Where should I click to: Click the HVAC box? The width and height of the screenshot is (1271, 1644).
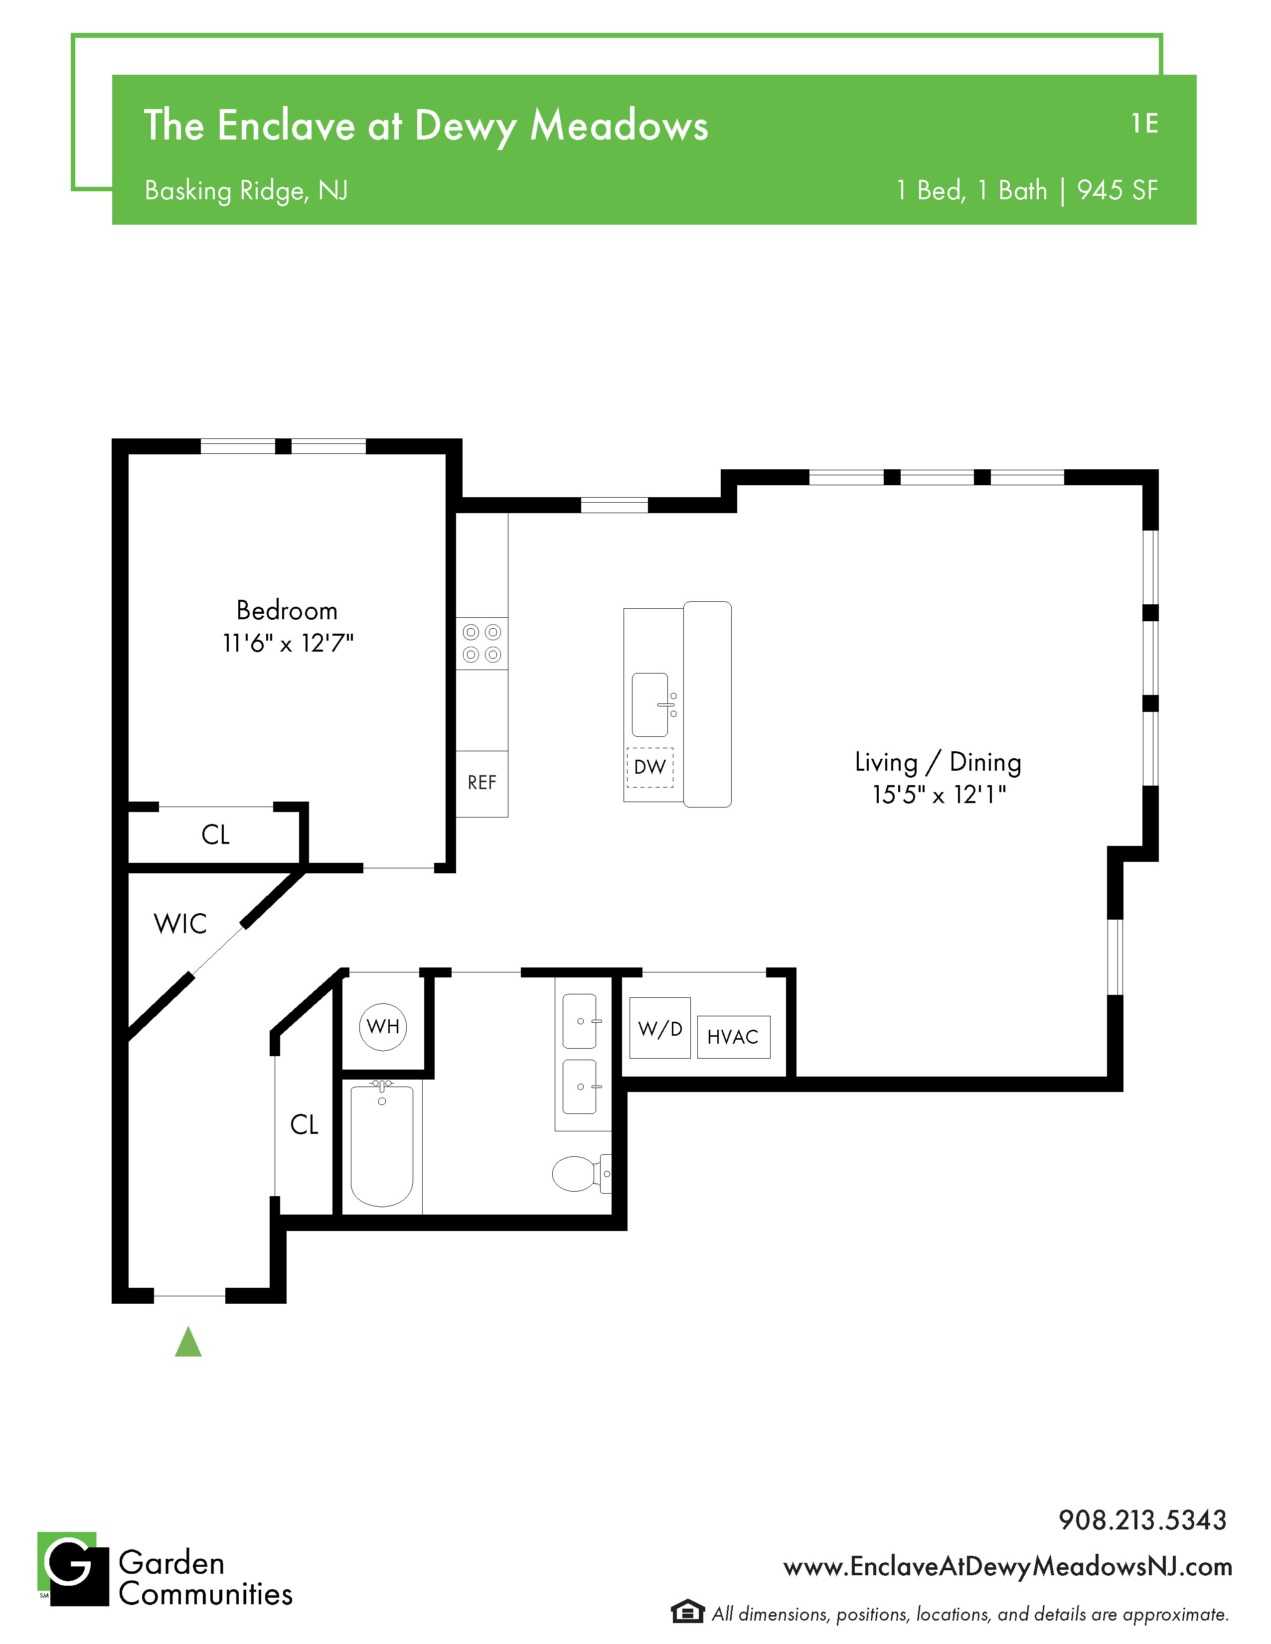(733, 1037)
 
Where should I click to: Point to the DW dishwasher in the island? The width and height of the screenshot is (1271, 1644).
(650, 767)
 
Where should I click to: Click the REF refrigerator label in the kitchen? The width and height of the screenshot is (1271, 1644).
(482, 783)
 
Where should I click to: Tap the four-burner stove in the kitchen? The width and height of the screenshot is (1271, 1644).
(482, 644)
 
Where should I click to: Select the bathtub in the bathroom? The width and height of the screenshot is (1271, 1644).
(382, 1145)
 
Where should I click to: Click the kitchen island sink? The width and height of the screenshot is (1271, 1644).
(652, 704)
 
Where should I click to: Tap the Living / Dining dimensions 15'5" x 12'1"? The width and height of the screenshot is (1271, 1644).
(939, 794)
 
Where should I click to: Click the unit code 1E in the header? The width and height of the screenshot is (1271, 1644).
(1144, 124)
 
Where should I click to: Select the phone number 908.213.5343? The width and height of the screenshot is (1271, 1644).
(1142, 1520)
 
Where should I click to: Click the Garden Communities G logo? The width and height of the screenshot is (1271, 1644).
(73, 1569)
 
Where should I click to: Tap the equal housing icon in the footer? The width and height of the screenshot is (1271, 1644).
(687, 1613)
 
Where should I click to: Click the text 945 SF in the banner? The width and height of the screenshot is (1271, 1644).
(1117, 190)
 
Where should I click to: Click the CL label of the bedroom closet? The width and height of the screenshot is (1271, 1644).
(215, 835)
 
